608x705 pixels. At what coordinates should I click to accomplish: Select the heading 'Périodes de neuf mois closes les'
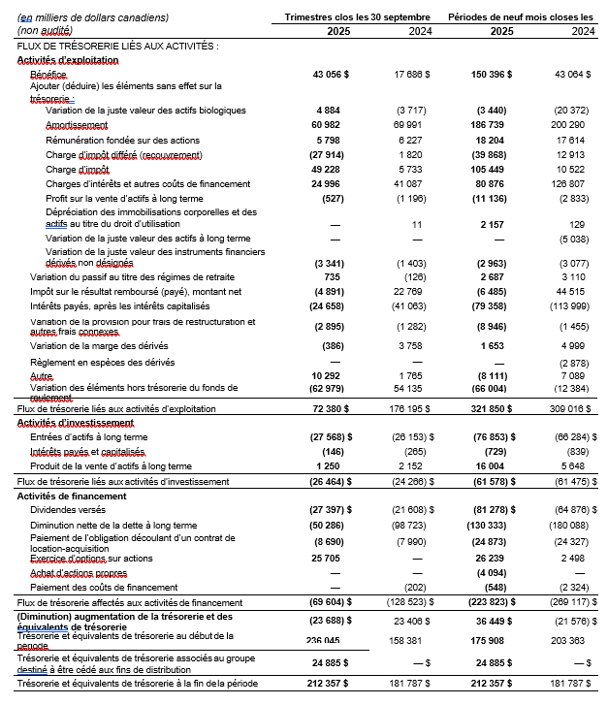click(x=521, y=17)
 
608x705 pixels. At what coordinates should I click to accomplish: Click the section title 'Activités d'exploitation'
click(x=68, y=60)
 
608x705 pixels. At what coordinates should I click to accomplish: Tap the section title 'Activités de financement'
click(x=72, y=496)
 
